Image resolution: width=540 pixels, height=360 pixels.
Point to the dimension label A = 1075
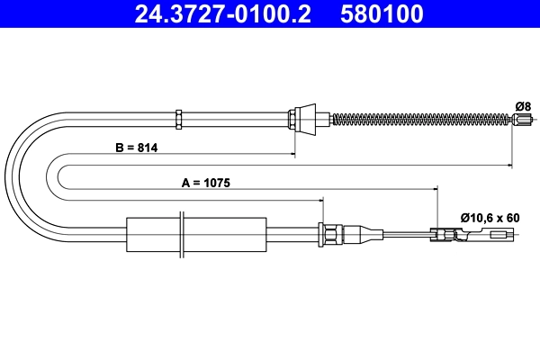coord(206,182)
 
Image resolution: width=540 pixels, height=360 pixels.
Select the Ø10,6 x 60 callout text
coord(490,217)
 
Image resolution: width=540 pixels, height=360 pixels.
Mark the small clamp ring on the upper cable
coord(179,117)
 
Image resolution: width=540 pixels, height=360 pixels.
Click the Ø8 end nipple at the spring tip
coord(518,120)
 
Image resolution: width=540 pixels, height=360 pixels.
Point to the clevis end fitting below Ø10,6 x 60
coord(450,235)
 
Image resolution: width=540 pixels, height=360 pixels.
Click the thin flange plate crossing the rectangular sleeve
coord(183,236)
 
